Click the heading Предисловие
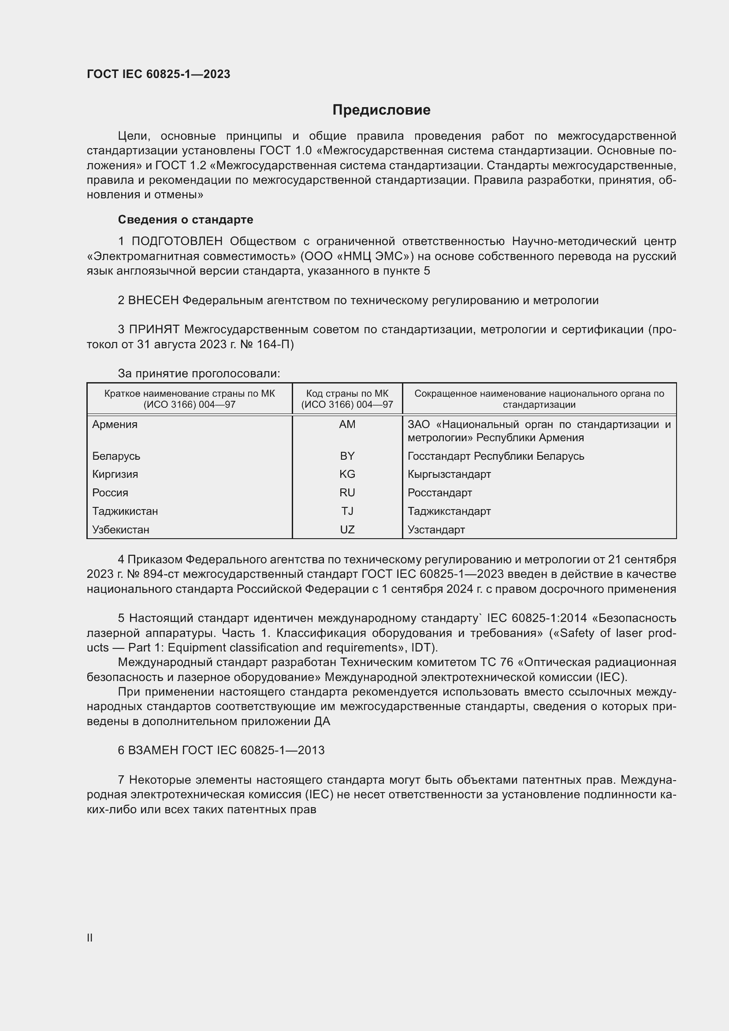tap(381, 110)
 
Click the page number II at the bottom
tap(90, 938)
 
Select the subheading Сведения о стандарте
tap(186, 220)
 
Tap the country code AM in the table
tap(347, 424)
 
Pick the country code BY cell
tap(347, 456)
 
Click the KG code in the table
tap(347, 474)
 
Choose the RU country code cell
tap(347, 493)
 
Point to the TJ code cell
tap(347, 511)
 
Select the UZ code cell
tap(347, 529)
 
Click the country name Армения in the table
tap(115, 424)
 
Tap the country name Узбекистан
tap(121, 529)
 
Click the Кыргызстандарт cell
tap(449, 474)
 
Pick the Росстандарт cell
tap(439, 493)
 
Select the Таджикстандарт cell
tap(449, 511)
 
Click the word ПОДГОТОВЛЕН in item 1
tap(177, 242)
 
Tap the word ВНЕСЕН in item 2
tap(153, 301)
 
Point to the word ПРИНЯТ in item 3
tap(154, 330)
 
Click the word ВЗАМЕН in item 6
tap(153, 750)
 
